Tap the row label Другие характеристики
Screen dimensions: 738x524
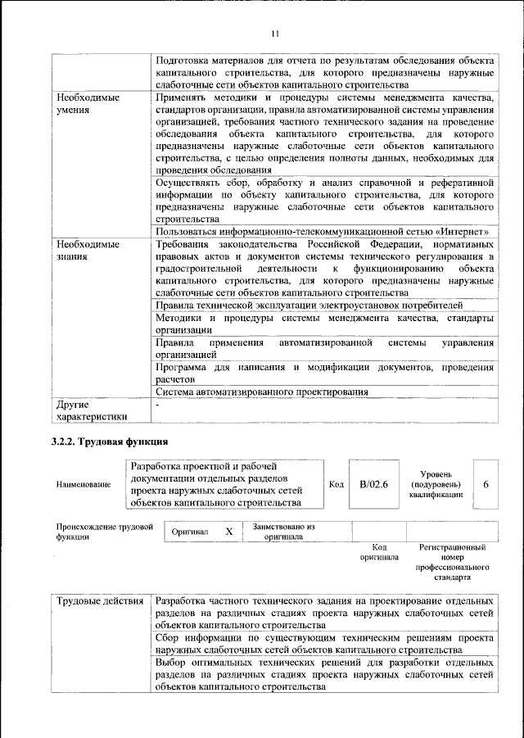pyautogui.click(x=91, y=410)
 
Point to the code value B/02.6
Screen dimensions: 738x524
pyautogui.click(x=373, y=484)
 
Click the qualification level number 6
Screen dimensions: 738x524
pyautogui.click(x=486, y=484)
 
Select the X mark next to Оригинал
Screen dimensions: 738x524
pyautogui.click(x=229, y=532)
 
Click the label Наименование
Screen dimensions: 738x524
pyautogui.click(x=83, y=485)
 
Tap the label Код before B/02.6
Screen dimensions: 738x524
pyautogui.click(x=336, y=484)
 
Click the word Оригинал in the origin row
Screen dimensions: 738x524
pyautogui.click(x=190, y=532)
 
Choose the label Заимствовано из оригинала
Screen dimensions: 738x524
pyautogui.click(x=284, y=532)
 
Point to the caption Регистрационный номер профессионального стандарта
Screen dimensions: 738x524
pyautogui.click(x=452, y=562)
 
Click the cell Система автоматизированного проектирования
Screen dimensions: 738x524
pyautogui.click(x=261, y=392)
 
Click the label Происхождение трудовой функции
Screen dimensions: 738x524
pyautogui.click(x=105, y=532)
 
